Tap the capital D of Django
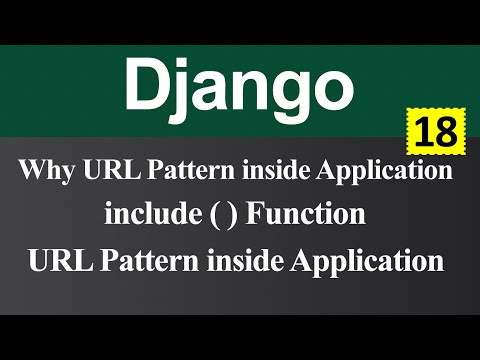[x=146, y=84]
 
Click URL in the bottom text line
[x=63, y=261]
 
